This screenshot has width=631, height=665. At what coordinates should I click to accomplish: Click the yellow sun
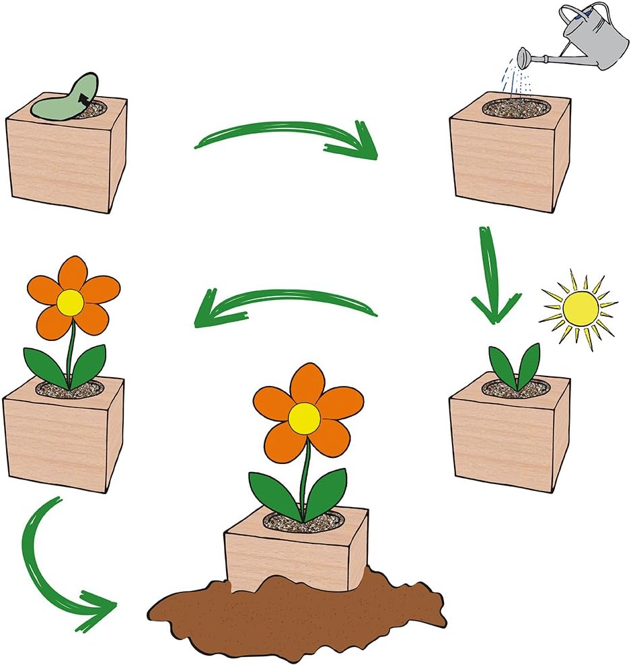(580, 309)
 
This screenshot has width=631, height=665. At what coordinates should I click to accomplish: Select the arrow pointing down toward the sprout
(494, 276)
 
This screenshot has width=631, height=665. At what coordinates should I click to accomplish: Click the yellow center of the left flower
(70, 303)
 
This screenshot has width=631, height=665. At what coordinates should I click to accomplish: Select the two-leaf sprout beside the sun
(515, 366)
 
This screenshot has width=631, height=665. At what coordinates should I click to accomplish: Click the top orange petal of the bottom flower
(307, 383)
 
